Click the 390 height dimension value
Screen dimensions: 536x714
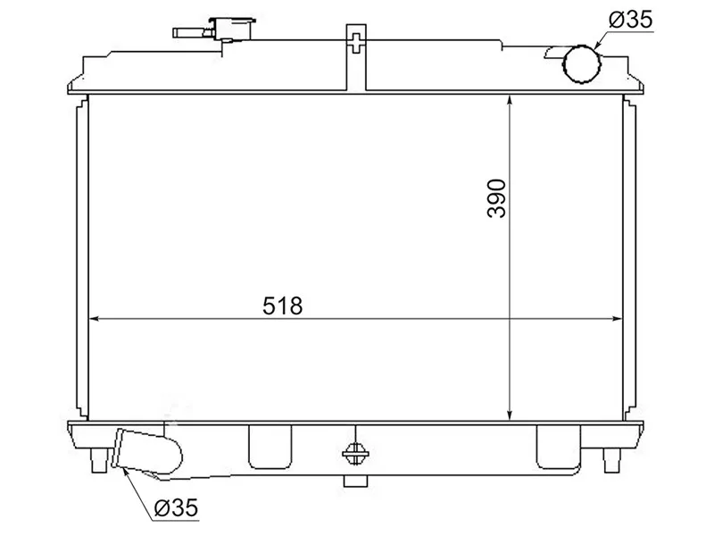496,198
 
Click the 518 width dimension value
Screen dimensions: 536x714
284,306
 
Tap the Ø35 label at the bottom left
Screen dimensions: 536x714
176,508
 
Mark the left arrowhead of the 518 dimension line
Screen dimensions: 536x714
95,319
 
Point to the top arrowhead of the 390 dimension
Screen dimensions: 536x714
509,100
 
